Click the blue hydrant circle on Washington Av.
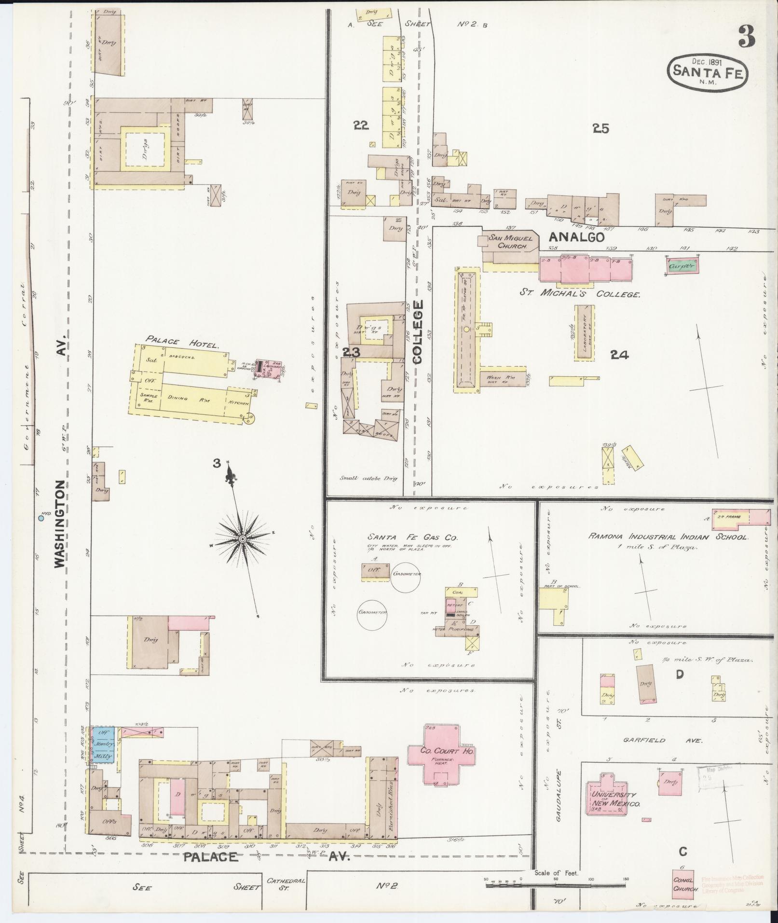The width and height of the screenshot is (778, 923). pyautogui.click(x=41, y=518)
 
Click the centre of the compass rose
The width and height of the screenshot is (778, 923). pyautogui.click(x=243, y=538)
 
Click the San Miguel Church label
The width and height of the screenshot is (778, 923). pyautogui.click(x=511, y=241)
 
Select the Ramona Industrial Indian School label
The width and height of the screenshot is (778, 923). pyautogui.click(x=668, y=537)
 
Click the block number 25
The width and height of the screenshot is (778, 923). pyautogui.click(x=601, y=128)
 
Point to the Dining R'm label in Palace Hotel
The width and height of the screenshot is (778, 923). pyautogui.click(x=193, y=398)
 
